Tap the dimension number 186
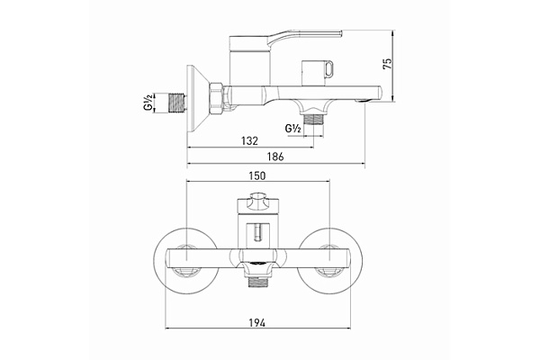click(276, 157)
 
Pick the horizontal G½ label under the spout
click(292, 129)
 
